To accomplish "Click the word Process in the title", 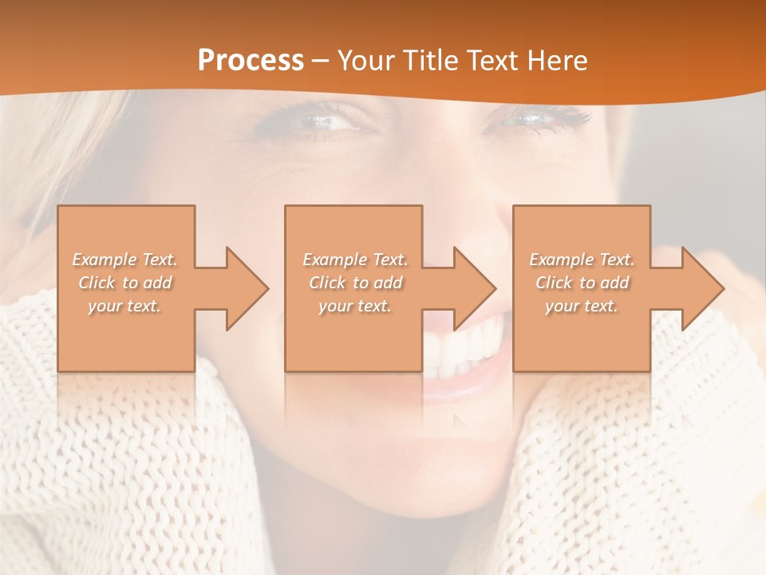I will tap(251, 61).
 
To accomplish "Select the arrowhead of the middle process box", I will tap(473, 288).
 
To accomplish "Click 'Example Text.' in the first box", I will tap(125, 260).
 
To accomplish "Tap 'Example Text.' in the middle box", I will tap(355, 260).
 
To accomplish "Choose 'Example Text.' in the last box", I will tap(582, 260).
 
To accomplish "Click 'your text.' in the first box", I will tap(124, 306).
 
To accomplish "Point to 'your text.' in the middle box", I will tap(354, 306).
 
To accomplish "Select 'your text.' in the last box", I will tap(581, 306).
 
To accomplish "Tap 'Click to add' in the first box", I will tap(125, 283).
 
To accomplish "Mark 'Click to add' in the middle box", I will tap(355, 283).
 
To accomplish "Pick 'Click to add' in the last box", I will tap(582, 283).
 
